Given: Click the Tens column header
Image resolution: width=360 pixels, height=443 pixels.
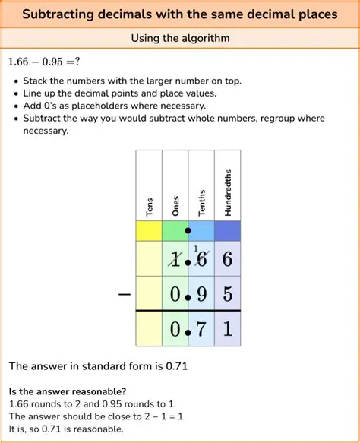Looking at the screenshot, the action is pyautogui.click(x=150, y=207).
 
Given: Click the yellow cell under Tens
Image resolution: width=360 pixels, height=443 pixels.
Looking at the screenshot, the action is pyautogui.click(x=149, y=230).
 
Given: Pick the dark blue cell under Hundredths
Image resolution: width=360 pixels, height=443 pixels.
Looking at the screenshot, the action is pyautogui.click(x=228, y=230).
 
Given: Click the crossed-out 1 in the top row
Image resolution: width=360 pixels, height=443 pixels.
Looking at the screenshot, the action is pyautogui.click(x=175, y=260).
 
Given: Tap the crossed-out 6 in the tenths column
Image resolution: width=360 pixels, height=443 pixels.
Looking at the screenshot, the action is pyautogui.click(x=201, y=260).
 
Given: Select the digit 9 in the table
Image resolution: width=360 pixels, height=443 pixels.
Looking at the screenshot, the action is pyautogui.click(x=201, y=294).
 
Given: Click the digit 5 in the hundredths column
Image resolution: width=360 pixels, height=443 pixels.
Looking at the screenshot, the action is pyautogui.click(x=228, y=294).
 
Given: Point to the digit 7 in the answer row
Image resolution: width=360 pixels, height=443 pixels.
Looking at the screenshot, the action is pyautogui.click(x=201, y=330).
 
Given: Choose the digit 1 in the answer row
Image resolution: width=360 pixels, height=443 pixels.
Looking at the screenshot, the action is pyautogui.click(x=228, y=330).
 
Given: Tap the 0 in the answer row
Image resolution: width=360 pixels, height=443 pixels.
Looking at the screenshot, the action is pyautogui.click(x=175, y=330).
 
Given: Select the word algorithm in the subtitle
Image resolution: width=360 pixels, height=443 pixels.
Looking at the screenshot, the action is pyautogui.click(x=205, y=37).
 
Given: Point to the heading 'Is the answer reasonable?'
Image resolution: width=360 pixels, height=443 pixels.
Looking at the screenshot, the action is pyautogui.click(x=68, y=392).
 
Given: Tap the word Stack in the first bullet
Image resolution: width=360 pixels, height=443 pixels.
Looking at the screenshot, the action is pyautogui.click(x=36, y=80).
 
